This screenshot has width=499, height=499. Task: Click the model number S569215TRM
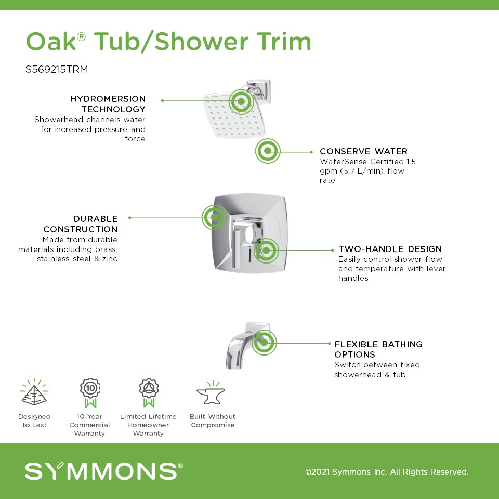coord(57,69)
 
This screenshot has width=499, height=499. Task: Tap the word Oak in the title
coord(51,42)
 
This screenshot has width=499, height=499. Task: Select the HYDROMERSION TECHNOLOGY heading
coord(108,104)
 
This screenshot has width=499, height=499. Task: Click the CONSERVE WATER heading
coord(363,151)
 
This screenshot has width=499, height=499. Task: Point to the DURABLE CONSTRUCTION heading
coord(81,224)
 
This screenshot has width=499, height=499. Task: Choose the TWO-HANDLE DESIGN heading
coord(390,249)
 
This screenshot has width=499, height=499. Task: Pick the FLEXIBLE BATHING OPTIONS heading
coord(378,349)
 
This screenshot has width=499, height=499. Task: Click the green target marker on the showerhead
coord(241,101)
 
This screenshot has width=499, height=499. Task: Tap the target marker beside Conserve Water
coord(268,151)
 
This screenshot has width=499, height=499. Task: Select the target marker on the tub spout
coord(264,343)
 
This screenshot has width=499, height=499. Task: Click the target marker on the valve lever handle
coord(266,251)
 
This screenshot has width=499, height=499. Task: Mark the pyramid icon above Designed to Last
coord(34,392)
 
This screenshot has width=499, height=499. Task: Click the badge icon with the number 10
coord(90,393)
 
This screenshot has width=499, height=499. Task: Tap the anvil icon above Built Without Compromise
coord(212,393)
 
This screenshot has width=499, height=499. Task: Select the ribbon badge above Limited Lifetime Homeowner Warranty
coord(149,393)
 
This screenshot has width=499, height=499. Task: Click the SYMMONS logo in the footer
coord(104,471)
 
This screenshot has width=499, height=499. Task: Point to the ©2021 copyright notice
coord(387,471)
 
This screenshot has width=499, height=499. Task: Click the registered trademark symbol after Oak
coord(82,36)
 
